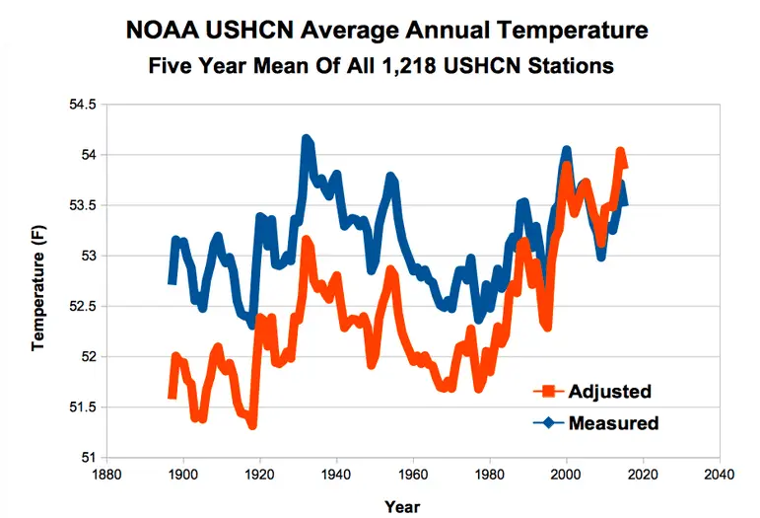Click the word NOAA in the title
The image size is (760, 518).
point(163,31)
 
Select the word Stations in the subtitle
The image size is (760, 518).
point(572,67)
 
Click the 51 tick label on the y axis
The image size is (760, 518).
point(88,457)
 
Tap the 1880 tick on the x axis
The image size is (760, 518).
point(106,472)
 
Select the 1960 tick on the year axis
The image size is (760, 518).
point(413,472)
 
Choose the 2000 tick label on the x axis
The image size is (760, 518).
point(566,472)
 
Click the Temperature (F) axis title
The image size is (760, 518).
point(37,280)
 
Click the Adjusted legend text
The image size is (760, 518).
point(609,392)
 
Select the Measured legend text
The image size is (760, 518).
point(613,423)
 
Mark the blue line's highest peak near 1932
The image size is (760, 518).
point(306,140)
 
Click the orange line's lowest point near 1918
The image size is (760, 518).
point(252,423)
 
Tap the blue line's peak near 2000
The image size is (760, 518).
point(567,151)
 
